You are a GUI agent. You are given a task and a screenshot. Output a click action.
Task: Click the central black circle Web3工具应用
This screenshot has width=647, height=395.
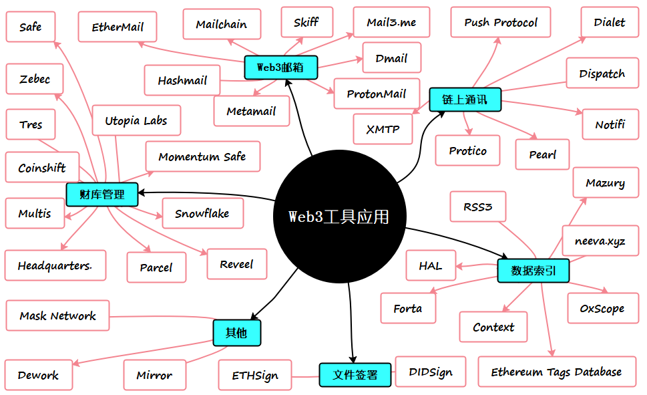pos(340,217)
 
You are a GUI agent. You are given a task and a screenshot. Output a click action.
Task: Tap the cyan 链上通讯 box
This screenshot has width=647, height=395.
pos(464,100)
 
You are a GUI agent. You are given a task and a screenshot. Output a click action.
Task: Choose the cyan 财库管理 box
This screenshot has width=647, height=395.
pos(102,194)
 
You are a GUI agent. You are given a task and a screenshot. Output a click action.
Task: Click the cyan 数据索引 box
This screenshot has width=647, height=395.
pos(533,271)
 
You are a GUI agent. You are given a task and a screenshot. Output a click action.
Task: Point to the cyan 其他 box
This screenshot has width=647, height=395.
pos(236,332)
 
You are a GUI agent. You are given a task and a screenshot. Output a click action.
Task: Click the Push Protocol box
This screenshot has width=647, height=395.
pos(501,23)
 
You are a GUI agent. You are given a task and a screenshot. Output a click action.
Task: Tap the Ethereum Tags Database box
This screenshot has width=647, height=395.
pos(556,372)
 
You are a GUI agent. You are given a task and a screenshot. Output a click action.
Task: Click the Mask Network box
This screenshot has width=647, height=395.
pos(57,315)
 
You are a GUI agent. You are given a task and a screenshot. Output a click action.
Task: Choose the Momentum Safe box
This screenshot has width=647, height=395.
pos(202,156)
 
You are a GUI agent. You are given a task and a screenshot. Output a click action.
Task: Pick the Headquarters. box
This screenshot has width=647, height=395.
pos(55,265)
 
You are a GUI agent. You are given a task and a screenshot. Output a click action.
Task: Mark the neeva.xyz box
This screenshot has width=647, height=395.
pos(600,241)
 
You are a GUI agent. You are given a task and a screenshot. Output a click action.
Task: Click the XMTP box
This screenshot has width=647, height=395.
pos(383,129)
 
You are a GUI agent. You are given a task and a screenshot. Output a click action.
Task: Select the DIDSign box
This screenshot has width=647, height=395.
pos(431,372)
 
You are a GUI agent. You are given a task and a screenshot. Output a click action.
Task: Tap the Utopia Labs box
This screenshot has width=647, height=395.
pos(136,121)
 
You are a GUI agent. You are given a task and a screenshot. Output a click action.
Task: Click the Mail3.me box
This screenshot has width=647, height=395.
pos(391,22)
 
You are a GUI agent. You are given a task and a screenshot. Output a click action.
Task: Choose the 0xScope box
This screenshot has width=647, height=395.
pos(602,309)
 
